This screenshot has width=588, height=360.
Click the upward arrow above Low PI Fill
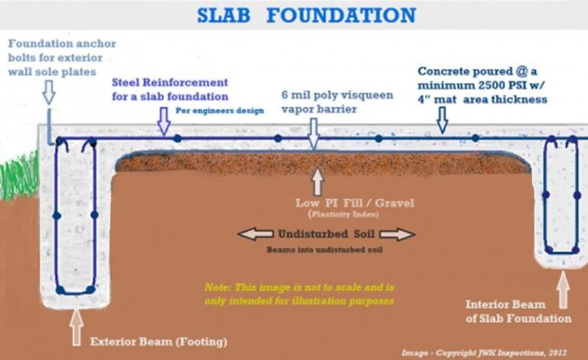coord(317,182)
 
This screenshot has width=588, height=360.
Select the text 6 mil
coord(295,95)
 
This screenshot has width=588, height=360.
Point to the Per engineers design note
coord(219,110)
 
